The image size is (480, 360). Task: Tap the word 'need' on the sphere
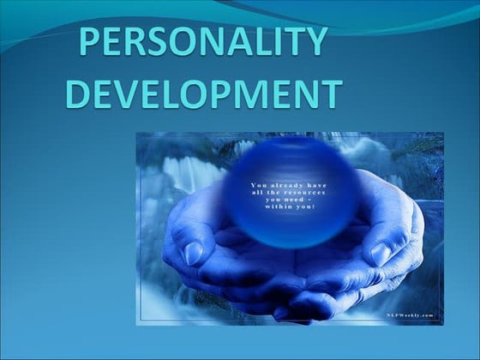coord(293,200)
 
